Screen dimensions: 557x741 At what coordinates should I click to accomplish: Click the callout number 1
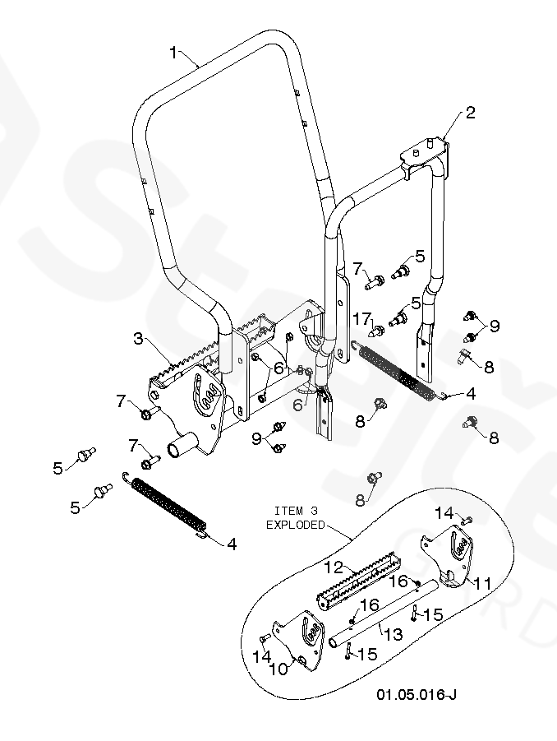(173, 53)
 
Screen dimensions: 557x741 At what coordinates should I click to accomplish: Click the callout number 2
(470, 113)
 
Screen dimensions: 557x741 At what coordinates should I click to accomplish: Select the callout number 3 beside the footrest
(138, 338)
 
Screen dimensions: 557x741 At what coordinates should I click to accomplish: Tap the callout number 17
(362, 319)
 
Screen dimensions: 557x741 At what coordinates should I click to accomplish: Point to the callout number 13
(394, 634)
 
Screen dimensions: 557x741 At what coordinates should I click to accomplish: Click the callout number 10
(278, 669)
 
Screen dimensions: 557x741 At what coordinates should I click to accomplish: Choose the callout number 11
(481, 584)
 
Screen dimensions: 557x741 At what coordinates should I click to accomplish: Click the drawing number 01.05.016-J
(417, 694)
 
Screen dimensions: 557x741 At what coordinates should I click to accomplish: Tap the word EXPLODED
(296, 525)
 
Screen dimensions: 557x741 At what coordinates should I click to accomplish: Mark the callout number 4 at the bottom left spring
(232, 544)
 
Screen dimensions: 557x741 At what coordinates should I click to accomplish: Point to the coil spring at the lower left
(165, 505)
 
